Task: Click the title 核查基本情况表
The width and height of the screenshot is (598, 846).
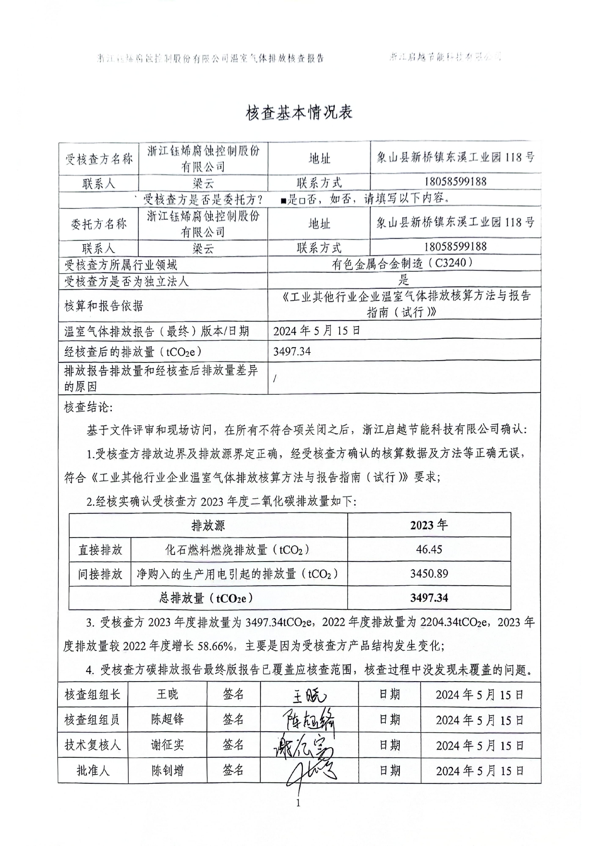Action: tap(299, 112)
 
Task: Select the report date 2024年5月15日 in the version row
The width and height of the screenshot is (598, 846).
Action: tap(317, 331)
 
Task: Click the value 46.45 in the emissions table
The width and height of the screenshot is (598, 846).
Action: tap(429, 550)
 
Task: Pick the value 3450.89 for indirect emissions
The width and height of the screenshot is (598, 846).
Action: tap(429, 574)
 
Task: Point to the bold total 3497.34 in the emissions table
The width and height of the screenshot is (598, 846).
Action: tap(429, 598)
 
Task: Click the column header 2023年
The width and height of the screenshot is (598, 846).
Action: tap(429, 525)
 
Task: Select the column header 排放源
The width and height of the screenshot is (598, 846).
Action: tap(208, 525)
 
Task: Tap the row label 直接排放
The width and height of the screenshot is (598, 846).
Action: tap(100, 550)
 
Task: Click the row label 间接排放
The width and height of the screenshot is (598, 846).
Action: tap(100, 574)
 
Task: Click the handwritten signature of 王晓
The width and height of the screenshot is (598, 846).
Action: tap(309, 696)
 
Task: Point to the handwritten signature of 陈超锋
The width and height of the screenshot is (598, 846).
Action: tap(309, 721)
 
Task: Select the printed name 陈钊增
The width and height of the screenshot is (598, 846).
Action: tap(167, 770)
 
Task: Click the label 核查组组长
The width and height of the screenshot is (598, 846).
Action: tap(93, 695)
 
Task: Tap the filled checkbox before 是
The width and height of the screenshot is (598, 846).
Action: tap(283, 200)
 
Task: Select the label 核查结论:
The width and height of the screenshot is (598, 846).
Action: tap(88, 407)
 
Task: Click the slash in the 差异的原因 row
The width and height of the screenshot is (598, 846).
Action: tap(275, 378)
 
